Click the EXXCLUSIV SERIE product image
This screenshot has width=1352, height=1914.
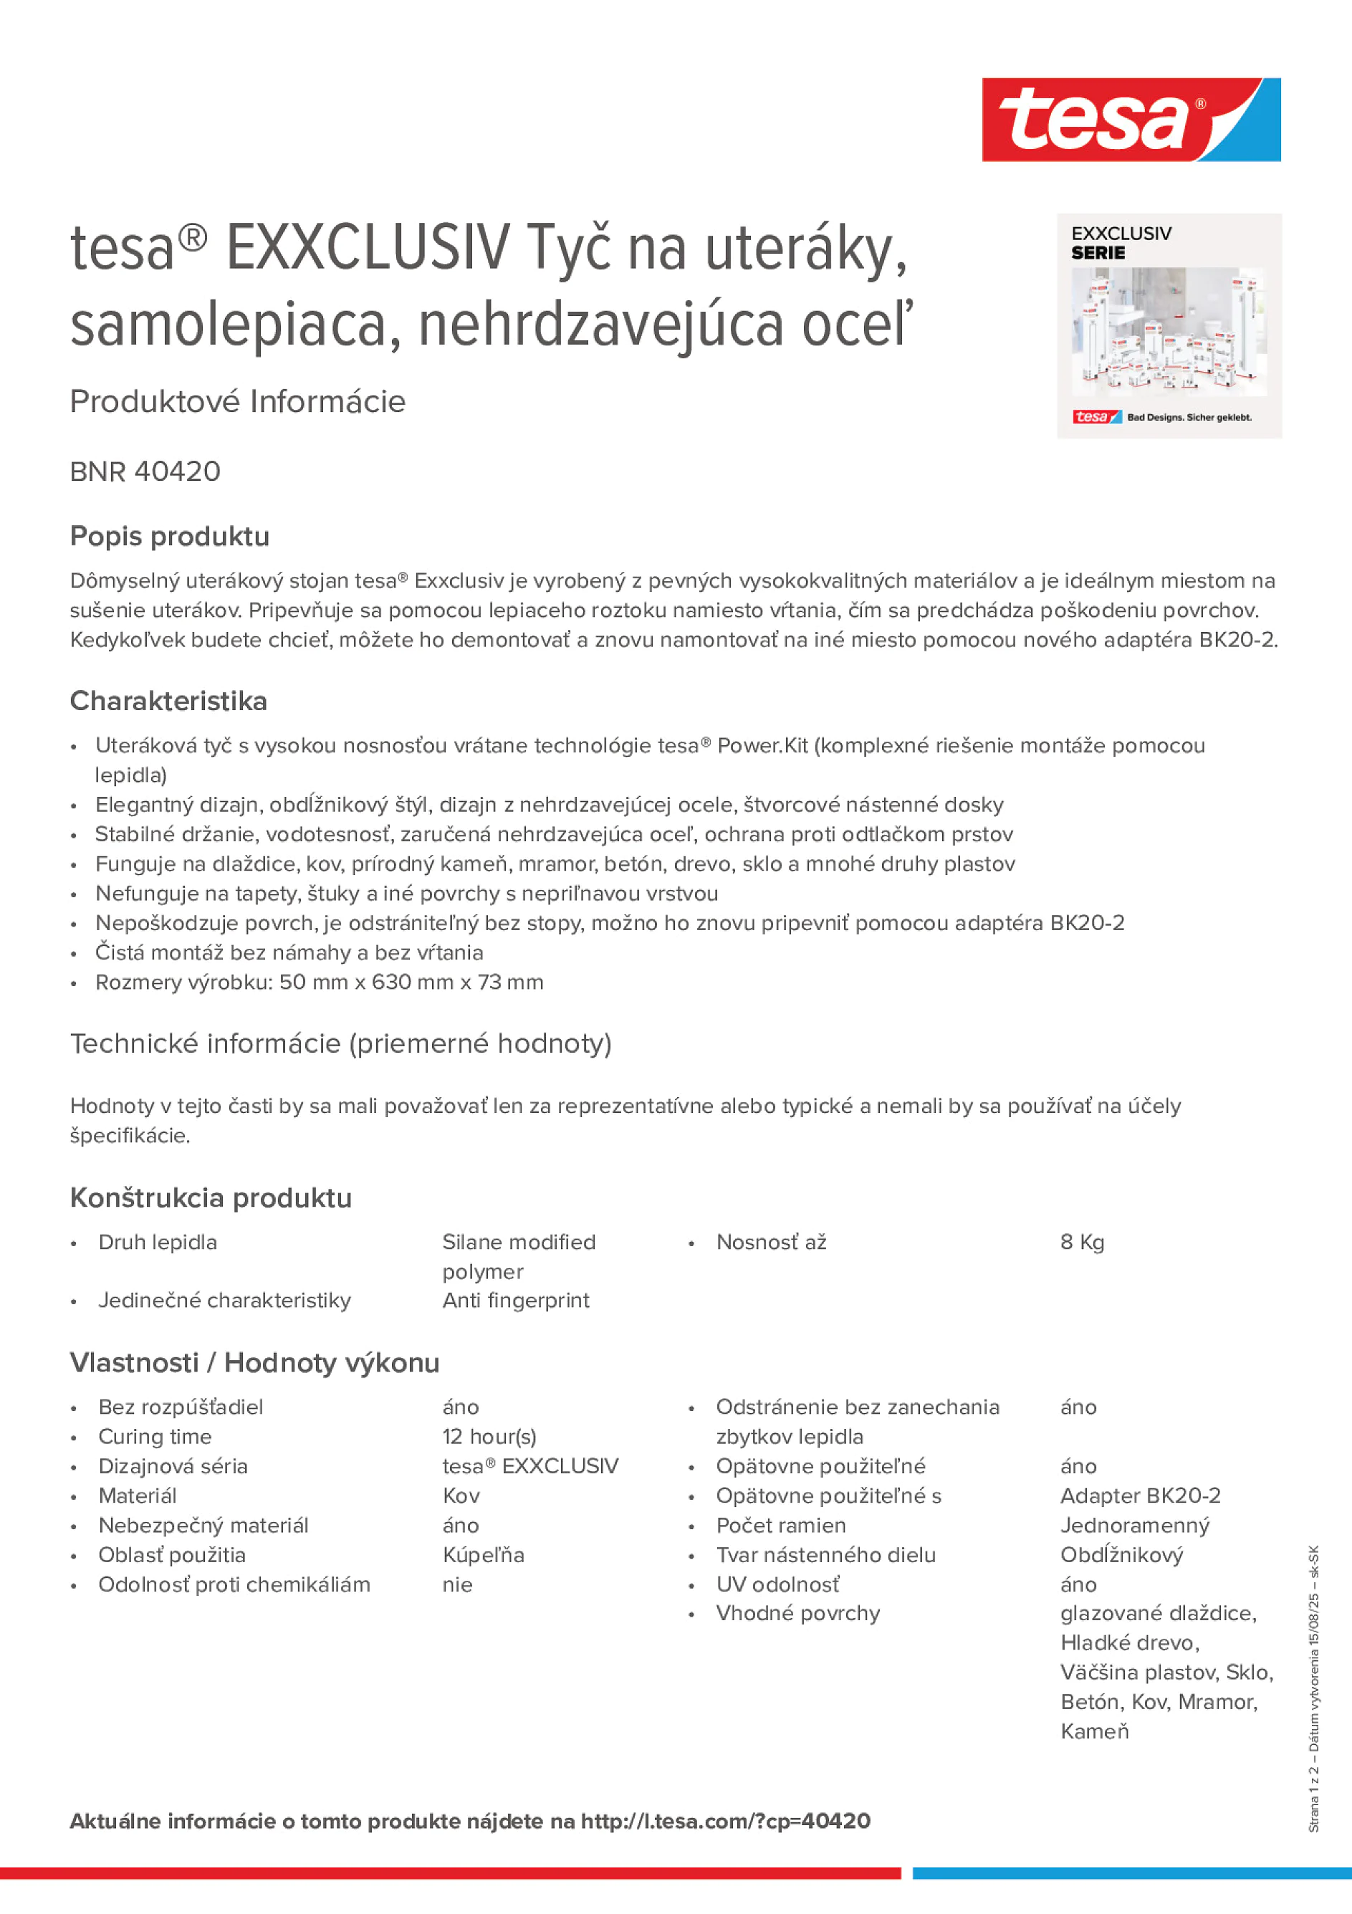(x=1169, y=326)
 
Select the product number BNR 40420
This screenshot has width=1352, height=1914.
(x=145, y=472)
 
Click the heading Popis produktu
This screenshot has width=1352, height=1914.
(x=169, y=536)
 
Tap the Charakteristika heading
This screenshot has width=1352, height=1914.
(x=168, y=701)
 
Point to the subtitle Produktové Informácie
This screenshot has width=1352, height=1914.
(x=238, y=402)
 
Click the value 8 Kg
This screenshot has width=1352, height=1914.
(x=1081, y=1242)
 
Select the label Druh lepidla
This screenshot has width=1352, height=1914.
(x=158, y=1242)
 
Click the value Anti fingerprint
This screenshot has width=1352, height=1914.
(x=515, y=1301)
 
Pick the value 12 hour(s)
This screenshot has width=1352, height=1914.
(x=489, y=1436)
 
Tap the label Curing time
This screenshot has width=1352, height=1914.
(x=155, y=1436)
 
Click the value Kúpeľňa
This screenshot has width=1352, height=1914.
(x=483, y=1555)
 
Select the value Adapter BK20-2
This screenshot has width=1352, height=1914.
(x=1139, y=1496)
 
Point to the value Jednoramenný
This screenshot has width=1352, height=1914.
(x=1134, y=1526)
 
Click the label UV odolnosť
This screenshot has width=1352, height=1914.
(x=777, y=1584)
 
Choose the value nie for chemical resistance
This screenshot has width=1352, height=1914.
(x=457, y=1584)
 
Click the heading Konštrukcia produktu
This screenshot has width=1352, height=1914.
(x=211, y=1198)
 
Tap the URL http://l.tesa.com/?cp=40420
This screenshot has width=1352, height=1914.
(x=725, y=1821)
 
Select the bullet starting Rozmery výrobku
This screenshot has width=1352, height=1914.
(x=320, y=982)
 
